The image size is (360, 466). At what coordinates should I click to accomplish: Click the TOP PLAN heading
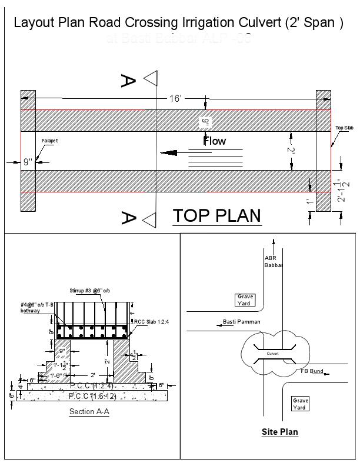click(216, 216)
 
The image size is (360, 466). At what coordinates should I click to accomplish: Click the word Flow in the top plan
click(215, 141)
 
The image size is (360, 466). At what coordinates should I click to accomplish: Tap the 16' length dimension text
click(175, 99)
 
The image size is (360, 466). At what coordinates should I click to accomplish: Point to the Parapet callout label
click(51, 141)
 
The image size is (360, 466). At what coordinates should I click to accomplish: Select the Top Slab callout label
click(344, 128)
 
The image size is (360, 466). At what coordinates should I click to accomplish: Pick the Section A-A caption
click(89, 412)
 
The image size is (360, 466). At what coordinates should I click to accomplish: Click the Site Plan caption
click(279, 432)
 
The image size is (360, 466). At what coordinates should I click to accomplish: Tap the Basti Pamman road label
click(241, 322)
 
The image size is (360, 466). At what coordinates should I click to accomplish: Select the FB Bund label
click(312, 372)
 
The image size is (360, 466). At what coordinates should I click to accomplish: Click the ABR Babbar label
click(272, 261)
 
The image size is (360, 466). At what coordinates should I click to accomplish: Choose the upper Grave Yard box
click(244, 300)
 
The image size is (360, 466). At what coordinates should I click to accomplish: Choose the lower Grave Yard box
click(300, 404)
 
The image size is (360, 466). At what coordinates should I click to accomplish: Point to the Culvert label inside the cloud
click(272, 354)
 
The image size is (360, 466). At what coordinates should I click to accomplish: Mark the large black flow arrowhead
click(169, 154)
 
